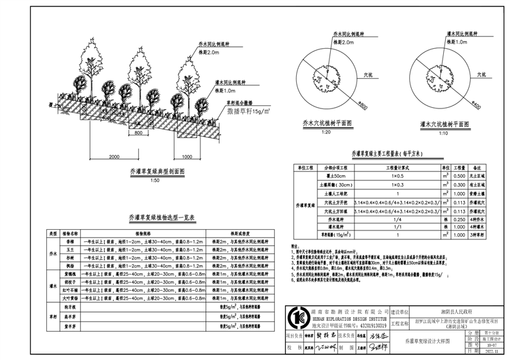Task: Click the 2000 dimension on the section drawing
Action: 114,156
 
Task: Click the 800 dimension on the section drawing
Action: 138,133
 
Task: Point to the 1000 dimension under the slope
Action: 188,156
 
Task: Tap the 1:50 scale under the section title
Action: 155,181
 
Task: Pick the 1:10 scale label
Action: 438,133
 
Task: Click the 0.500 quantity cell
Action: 459,175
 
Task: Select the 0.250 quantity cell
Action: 459,218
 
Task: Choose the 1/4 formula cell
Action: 397,218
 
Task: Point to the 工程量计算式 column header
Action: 397,166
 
